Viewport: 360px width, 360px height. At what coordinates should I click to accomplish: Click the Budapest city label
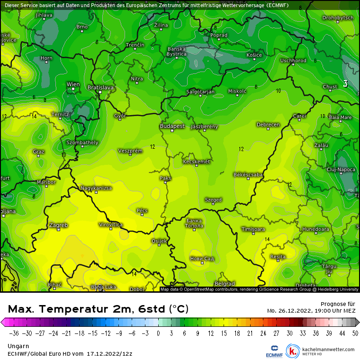[x=172, y=126]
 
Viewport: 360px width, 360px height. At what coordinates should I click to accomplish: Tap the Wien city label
[x=73, y=84]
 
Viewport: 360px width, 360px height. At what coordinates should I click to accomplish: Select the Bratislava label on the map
[x=101, y=88]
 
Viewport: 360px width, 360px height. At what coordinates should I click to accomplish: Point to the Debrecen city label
[x=268, y=125]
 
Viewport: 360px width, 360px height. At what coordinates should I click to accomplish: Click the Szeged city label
[x=213, y=200]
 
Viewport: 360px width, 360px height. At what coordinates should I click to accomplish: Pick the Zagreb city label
[x=58, y=225]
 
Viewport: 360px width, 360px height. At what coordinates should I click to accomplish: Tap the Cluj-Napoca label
[x=341, y=169]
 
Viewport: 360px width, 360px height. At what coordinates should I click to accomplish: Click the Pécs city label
[x=142, y=210]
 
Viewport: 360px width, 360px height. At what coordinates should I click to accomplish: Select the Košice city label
[x=254, y=55]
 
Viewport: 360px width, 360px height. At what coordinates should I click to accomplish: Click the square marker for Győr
[x=120, y=119]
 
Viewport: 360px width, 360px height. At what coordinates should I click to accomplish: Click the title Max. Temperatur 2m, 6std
[x=98, y=309]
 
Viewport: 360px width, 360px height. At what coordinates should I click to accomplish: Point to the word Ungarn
[x=18, y=346]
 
